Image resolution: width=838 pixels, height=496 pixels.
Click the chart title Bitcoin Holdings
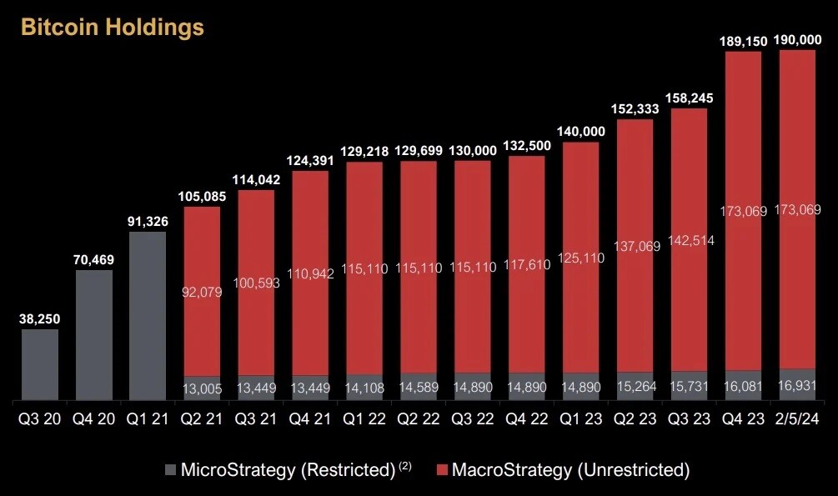point(112,27)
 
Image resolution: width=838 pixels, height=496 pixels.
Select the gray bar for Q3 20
point(40,365)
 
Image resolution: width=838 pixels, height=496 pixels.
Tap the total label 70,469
point(94,260)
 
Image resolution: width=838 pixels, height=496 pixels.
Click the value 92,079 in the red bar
point(203,293)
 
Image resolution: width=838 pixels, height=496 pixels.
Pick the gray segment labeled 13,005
point(203,388)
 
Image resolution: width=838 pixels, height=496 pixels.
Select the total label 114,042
point(257,179)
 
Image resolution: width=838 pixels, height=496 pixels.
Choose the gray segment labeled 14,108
point(365,388)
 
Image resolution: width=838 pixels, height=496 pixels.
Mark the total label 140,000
point(582,132)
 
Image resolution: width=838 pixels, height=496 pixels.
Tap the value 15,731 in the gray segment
point(690,386)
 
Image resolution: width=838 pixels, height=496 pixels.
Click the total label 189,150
point(744,40)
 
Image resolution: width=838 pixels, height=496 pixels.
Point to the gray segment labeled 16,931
point(798,385)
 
